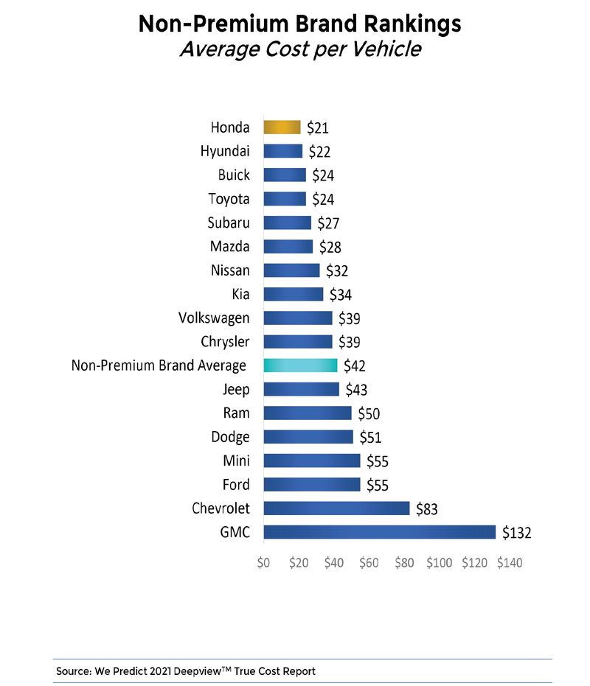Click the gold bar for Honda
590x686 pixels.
coord(282,127)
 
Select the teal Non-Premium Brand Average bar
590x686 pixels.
coord(300,365)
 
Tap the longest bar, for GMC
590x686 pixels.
coord(379,532)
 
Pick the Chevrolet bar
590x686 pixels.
coord(336,508)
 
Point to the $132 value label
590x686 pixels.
coord(517,533)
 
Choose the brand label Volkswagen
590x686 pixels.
coord(214,318)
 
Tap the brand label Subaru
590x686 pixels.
coord(229,223)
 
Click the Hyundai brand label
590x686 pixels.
coord(225,152)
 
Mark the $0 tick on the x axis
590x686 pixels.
coord(263,563)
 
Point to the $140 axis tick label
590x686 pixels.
coord(510,563)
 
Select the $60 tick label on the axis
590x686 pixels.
coord(369,563)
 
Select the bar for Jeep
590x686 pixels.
coord(301,389)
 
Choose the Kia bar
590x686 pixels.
coord(293,294)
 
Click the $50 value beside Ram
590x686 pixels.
coord(369,413)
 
